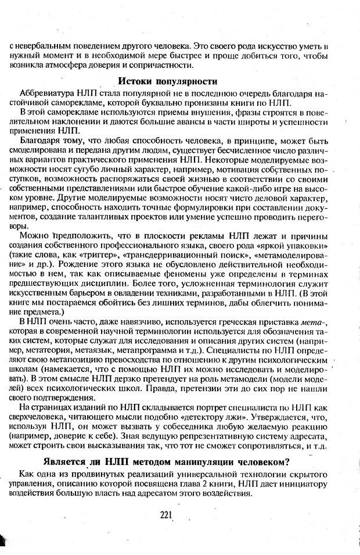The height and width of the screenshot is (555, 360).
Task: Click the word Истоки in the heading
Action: click(x=136, y=81)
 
